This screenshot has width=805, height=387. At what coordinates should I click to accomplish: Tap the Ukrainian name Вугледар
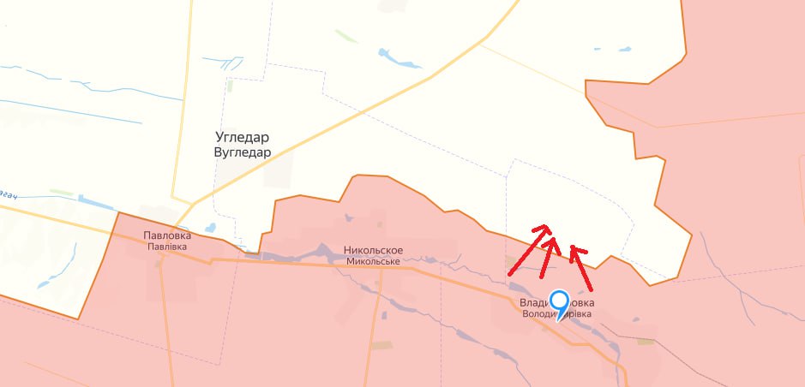243,152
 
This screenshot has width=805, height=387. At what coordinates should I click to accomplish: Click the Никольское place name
373,251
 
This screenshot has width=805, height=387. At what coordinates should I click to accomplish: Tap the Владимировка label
556,303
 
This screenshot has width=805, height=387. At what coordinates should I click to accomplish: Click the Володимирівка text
556,314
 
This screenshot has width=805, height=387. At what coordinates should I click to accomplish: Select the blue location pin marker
560,303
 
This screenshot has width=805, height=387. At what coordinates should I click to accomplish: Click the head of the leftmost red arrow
540,228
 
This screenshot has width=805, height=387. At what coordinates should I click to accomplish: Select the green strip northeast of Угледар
346,37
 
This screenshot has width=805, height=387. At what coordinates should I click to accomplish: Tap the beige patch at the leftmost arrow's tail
514,262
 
